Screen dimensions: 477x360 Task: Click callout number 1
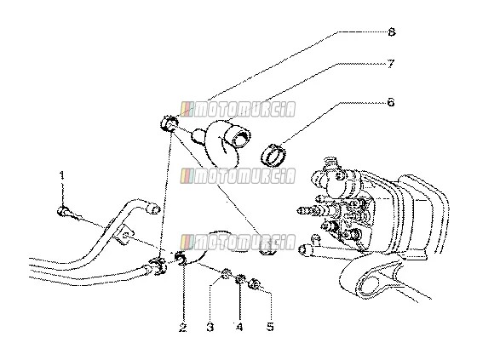[62, 175]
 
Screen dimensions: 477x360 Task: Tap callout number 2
[182, 327]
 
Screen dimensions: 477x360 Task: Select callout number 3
[210, 327]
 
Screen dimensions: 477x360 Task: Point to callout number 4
[239, 327]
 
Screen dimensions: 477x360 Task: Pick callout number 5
[270, 327]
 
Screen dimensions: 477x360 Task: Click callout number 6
[391, 102]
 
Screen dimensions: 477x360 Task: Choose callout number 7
[391, 64]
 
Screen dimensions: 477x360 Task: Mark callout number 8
[392, 32]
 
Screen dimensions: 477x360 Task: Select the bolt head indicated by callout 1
[63, 211]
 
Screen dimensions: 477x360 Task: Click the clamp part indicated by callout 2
[182, 259]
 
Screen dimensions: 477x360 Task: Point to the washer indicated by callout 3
[226, 275]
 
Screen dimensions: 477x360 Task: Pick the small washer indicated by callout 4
[240, 279]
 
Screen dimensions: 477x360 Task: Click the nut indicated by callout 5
[254, 284]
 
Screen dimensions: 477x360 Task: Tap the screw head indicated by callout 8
[168, 123]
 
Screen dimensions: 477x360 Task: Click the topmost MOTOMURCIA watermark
[238, 110]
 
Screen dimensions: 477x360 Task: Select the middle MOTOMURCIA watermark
[238, 175]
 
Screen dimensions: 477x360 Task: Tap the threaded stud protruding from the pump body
[307, 210]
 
